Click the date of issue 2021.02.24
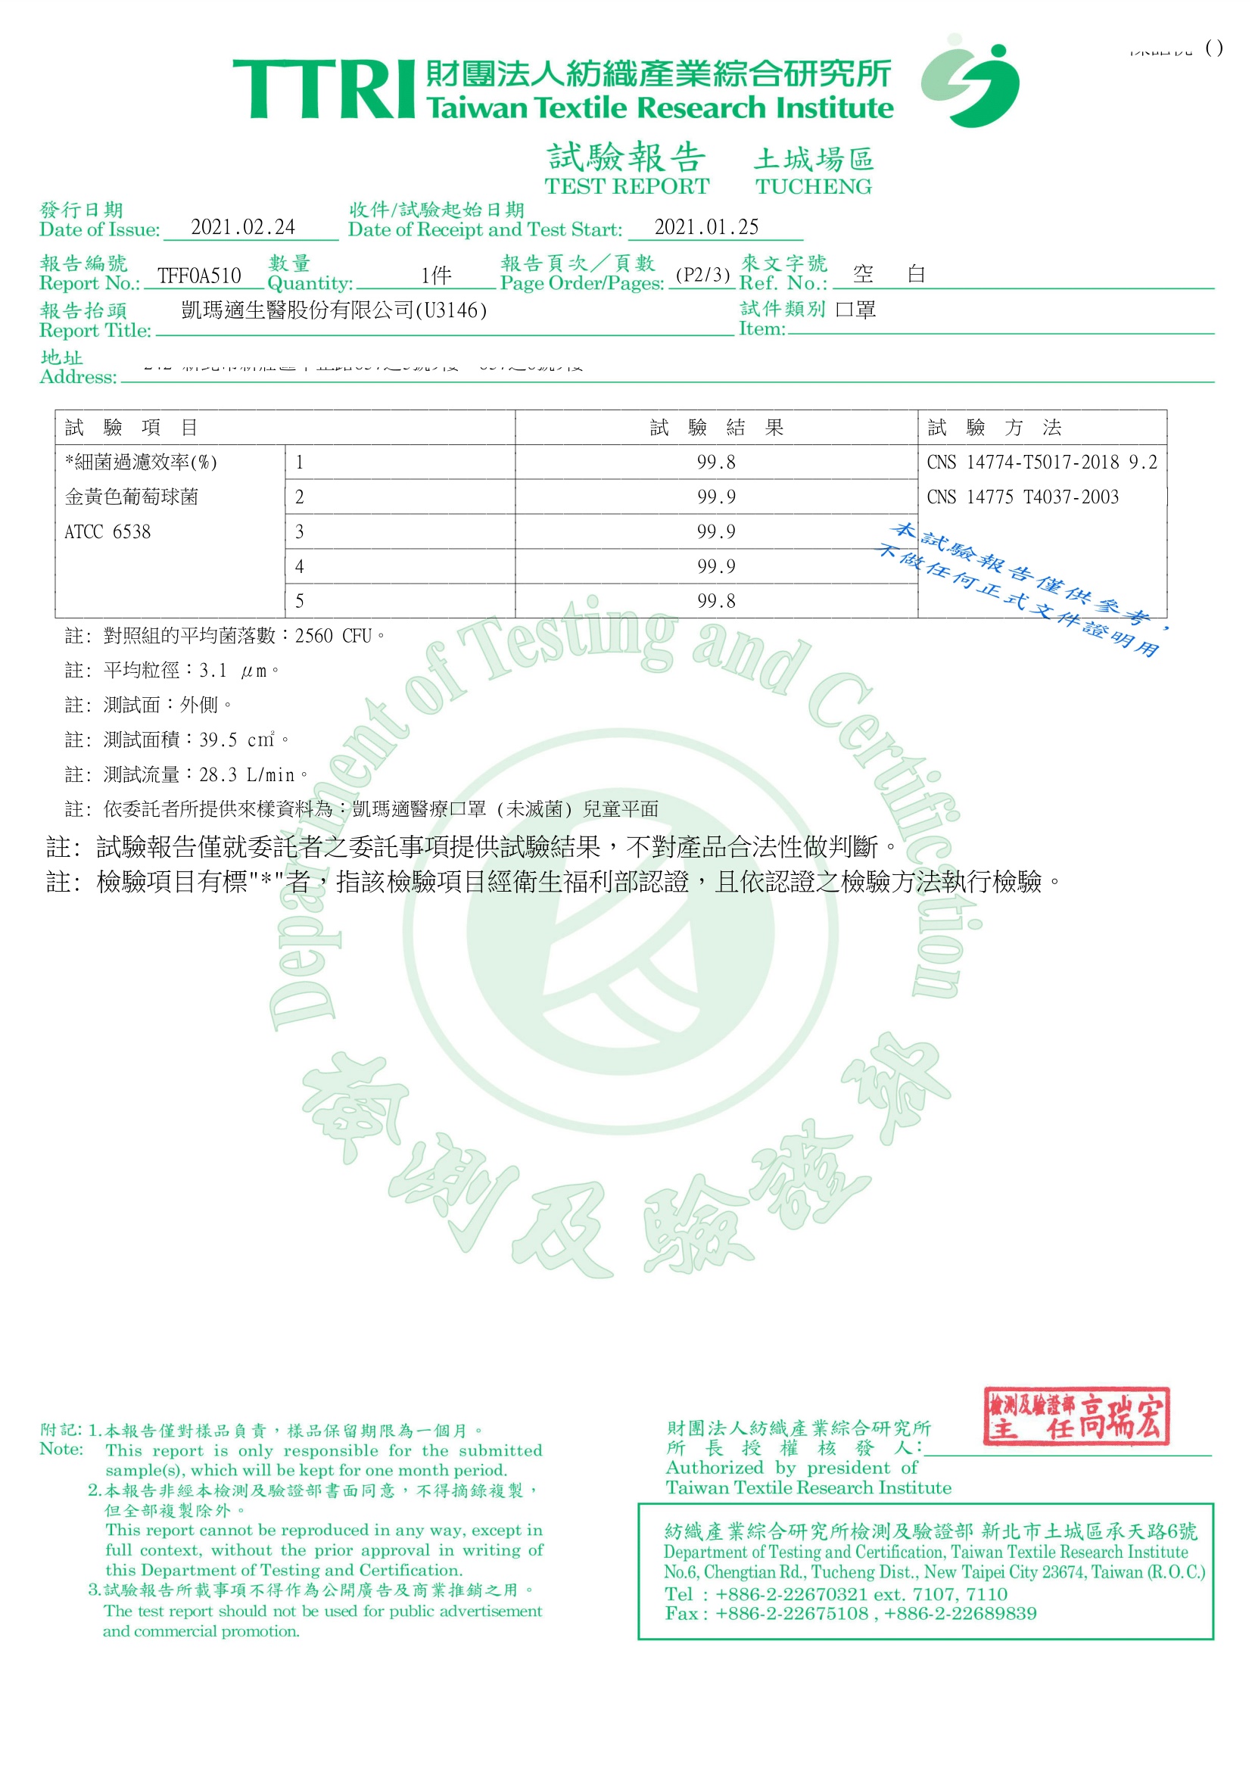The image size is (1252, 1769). click(x=243, y=227)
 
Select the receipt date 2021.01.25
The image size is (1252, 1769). click(x=706, y=227)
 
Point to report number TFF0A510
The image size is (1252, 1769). click(x=199, y=276)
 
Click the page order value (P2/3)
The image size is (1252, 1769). click(x=702, y=276)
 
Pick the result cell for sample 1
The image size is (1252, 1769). click(x=715, y=462)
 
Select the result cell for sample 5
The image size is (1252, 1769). click(x=715, y=601)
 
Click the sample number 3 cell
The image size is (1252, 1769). click(x=400, y=532)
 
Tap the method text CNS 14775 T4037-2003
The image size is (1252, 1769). click(x=1022, y=497)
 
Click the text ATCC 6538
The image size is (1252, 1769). click(x=108, y=532)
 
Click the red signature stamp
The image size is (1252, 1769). click(x=1077, y=1417)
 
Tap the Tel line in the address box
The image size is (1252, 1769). click(x=836, y=1594)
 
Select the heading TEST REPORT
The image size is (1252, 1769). click(x=626, y=186)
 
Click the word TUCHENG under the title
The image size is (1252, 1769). click(x=813, y=186)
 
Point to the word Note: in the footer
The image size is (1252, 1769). click(x=61, y=1449)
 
